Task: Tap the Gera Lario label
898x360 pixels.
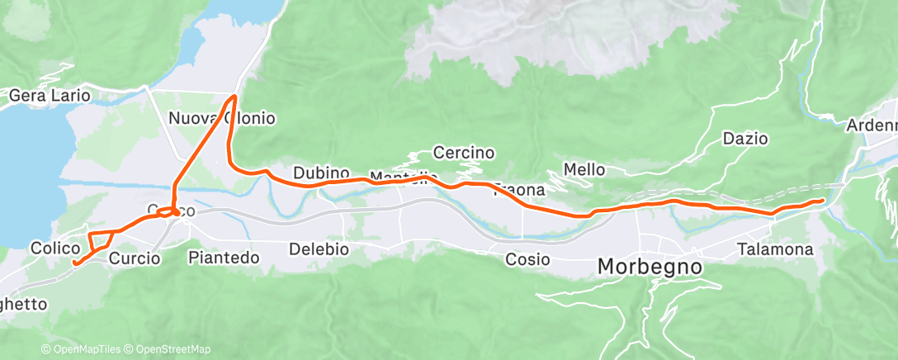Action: tap(49, 96)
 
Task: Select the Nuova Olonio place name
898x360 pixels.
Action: tap(221, 118)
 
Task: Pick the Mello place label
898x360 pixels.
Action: tap(584, 169)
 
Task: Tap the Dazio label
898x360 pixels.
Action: tap(744, 139)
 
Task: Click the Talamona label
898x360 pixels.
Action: tap(775, 249)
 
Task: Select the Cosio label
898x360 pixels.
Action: tap(527, 259)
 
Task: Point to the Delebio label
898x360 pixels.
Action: tap(319, 249)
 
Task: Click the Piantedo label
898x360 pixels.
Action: tap(224, 258)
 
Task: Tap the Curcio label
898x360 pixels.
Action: tap(134, 258)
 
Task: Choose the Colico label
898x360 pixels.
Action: tap(55, 248)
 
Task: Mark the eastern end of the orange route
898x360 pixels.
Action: tap(821, 201)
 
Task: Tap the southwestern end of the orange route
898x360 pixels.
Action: tap(75, 263)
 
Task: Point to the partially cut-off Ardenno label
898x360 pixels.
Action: tap(872, 126)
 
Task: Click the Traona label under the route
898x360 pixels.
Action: tap(519, 191)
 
